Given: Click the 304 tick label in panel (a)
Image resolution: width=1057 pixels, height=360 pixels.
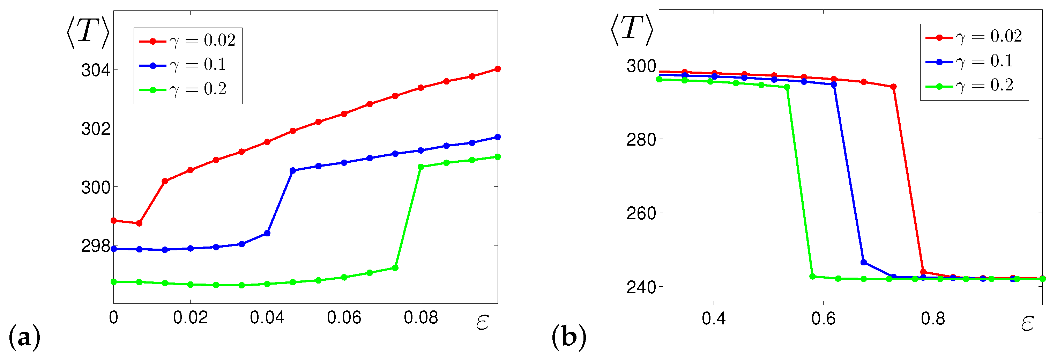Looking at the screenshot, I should pos(95,70).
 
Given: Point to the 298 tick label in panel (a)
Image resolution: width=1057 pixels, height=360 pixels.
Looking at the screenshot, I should pos(95,246).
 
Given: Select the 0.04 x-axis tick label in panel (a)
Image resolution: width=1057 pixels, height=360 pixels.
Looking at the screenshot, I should pos(267,317).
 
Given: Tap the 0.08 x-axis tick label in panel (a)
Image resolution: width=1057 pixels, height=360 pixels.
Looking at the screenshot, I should pos(420,317).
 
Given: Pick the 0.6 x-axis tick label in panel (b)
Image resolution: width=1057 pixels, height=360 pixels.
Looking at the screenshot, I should pos(823,318).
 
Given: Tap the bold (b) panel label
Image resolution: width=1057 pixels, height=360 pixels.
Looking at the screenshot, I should pos(569,337).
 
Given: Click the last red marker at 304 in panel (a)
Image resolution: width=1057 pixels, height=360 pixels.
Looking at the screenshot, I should pos(497,69).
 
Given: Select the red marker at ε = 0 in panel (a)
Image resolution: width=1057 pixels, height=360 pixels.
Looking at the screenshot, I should pos(114,221).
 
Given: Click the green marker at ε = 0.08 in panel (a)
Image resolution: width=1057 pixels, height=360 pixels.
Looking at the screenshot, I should pos(420,167).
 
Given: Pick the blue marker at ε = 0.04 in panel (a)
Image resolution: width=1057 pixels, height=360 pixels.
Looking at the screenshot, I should pos(267,233).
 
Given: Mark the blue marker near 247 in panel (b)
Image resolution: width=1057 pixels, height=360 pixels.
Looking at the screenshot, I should pos(863,262).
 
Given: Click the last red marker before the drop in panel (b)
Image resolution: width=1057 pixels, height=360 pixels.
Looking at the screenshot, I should pos(893,87).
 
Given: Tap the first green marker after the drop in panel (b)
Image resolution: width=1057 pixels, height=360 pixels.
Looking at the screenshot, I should pos(812,277).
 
